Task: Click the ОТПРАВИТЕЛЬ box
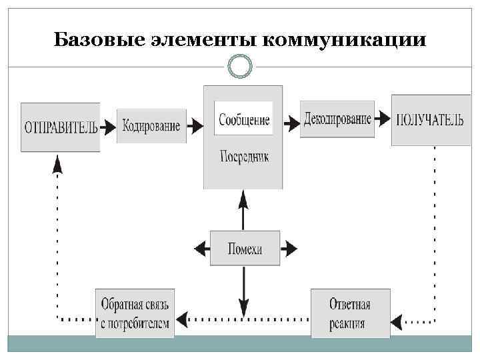[x=61, y=127]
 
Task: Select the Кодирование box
[x=151, y=125]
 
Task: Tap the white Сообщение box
[x=243, y=119]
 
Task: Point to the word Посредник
[x=243, y=157]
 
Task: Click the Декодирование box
[x=337, y=119]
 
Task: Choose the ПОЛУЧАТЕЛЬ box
[x=425, y=120]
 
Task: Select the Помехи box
[x=245, y=249]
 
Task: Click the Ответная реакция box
[x=350, y=313]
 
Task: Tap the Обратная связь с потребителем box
[x=135, y=313]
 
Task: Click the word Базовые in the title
[x=91, y=41]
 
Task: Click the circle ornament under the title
[x=240, y=67]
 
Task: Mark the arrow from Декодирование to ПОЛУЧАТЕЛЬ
[x=383, y=120]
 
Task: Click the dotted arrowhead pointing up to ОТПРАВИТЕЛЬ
[x=58, y=163]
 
